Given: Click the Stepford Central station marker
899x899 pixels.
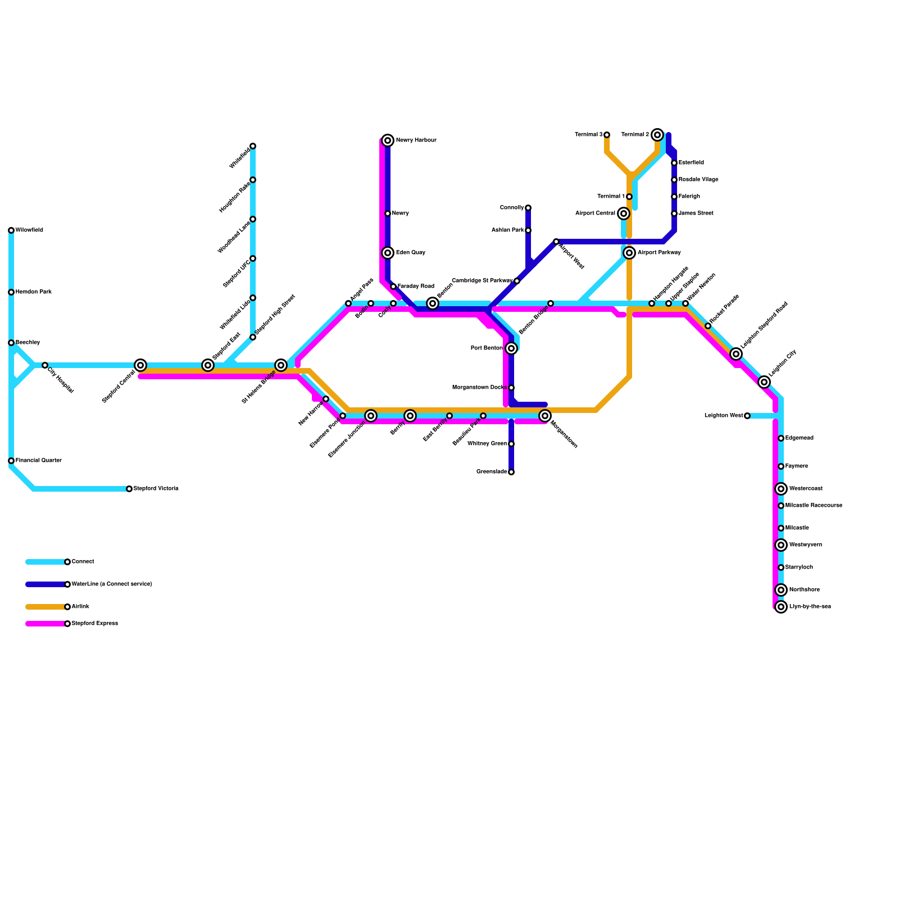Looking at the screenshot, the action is [x=140, y=365].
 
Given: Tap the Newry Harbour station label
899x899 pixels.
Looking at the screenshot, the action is [x=416, y=140].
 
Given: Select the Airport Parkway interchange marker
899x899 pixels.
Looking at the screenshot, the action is [x=629, y=253].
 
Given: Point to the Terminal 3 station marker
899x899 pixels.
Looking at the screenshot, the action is [x=607, y=135].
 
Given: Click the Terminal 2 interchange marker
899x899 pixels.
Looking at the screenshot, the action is [x=657, y=135].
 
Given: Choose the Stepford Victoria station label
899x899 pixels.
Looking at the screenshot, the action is [x=156, y=489].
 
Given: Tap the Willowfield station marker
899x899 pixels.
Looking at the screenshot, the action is [x=11, y=230].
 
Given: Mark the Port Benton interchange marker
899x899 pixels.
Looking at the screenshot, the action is [x=511, y=348].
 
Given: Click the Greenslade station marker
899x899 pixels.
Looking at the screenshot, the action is [x=511, y=472].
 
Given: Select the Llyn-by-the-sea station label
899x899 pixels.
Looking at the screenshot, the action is [x=810, y=607].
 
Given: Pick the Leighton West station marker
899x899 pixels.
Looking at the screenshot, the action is [x=747, y=416].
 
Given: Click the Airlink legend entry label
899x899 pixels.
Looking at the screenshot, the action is [x=80, y=607].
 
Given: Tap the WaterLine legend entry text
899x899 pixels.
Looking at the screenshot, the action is [x=112, y=584].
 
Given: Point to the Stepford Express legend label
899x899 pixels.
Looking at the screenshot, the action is [x=95, y=624].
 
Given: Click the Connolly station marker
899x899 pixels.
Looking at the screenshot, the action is [x=528, y=208].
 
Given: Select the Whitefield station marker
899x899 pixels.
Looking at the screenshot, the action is [x=253, y=146].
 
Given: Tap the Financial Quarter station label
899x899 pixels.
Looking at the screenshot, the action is [x=39, y=461].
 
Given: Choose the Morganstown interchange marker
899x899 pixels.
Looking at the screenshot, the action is [x=545, y=416].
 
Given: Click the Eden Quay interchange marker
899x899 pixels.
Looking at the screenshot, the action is [x=388, y=253].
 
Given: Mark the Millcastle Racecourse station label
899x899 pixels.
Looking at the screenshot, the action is [x=814, y=506].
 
